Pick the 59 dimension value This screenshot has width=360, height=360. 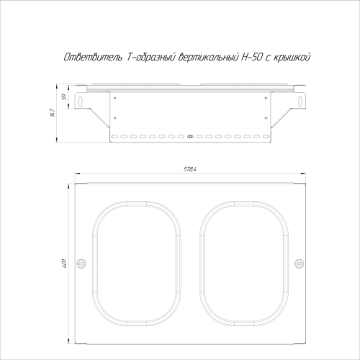tap(64, 96)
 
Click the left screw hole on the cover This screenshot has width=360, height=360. tap(82, 263)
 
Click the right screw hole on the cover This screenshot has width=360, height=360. tap(299, 263)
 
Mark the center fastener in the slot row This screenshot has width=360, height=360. tap(190, 135)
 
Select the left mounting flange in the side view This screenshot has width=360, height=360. tap(86, 105)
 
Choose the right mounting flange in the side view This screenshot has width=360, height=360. tap(294, 105)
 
